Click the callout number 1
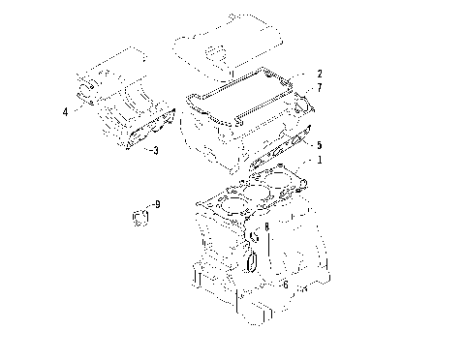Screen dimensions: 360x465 coord(321,162)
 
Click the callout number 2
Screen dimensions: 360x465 coord(320,74)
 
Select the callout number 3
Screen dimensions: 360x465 coord(156,150)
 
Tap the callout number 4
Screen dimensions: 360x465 coord(65,111)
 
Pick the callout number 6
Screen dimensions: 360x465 coord(285,284)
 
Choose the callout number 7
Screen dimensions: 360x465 coord(320,88)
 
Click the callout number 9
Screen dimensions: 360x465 coord(158,204)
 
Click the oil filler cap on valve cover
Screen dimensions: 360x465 coord(216,49)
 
